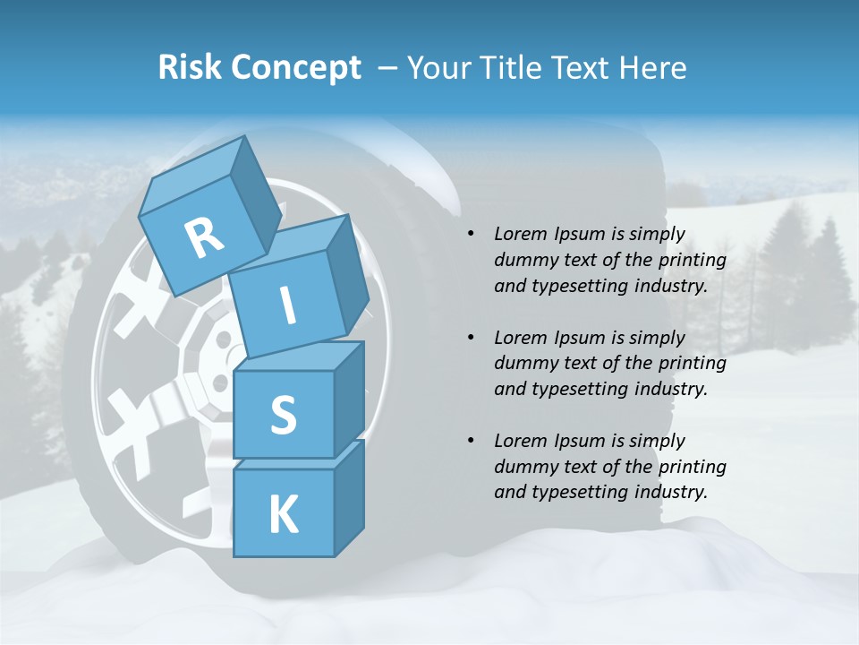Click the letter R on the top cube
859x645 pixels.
[204, 237]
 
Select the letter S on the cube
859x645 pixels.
[283, 415]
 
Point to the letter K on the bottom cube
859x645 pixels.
[283, 516]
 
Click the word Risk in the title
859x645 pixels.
[190, 68]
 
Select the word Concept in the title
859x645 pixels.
[295, 68]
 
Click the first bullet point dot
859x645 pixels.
[471, 235]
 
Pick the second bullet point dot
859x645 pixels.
[471, 338]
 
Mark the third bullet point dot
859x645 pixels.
[471, 441]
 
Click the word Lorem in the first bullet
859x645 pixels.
[519, 234]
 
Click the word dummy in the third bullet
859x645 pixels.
[523, 466]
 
